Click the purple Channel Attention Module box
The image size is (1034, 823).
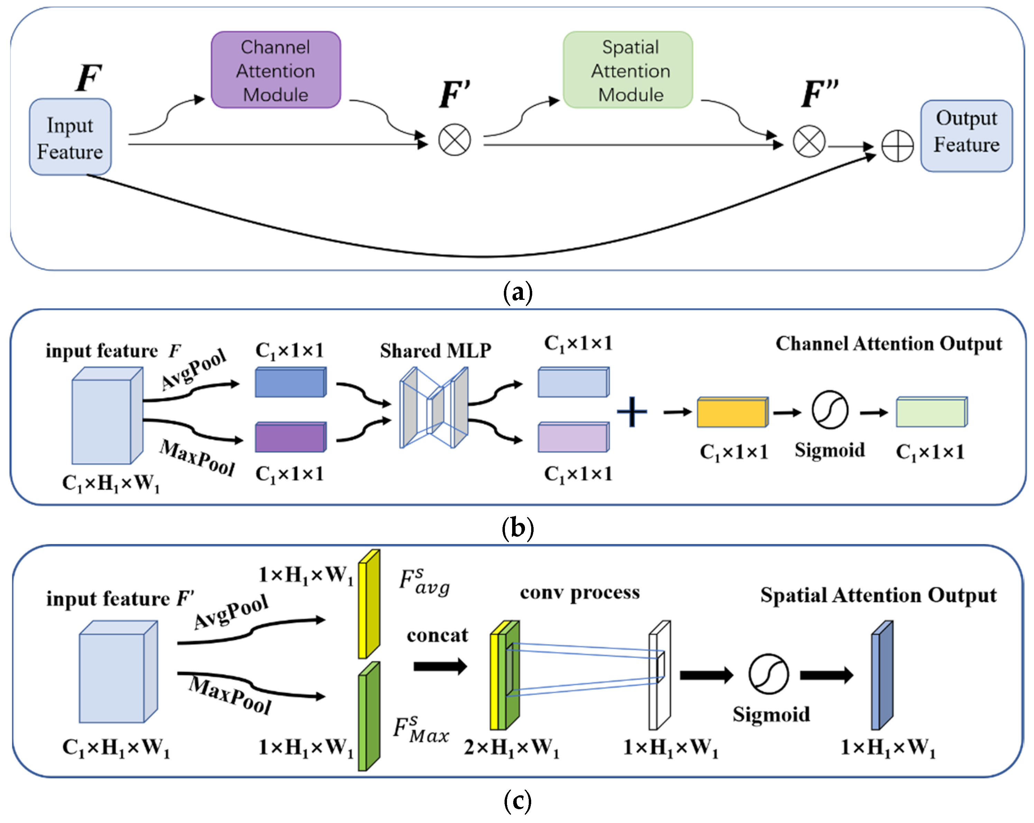click(276, 70)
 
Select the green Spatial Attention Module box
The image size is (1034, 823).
click(628, 70)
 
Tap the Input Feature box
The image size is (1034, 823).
click(70, 137)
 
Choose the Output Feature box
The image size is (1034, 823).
click(966, 136)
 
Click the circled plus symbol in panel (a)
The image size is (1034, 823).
click(897, 146)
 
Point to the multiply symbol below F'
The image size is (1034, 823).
click(454, 140)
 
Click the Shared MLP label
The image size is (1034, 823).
click(435, 351)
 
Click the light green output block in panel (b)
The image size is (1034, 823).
click(931, 412)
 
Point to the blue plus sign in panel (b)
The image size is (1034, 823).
click(631, 411)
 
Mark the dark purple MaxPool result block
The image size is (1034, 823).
click(290, 437)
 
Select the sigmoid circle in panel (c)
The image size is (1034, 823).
click(768, 674)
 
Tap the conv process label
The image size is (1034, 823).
click(579, 592)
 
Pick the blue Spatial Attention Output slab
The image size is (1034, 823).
click(881, 675)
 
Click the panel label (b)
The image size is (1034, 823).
click(517, 528)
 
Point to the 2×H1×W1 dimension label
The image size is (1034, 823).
click(511, 747)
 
